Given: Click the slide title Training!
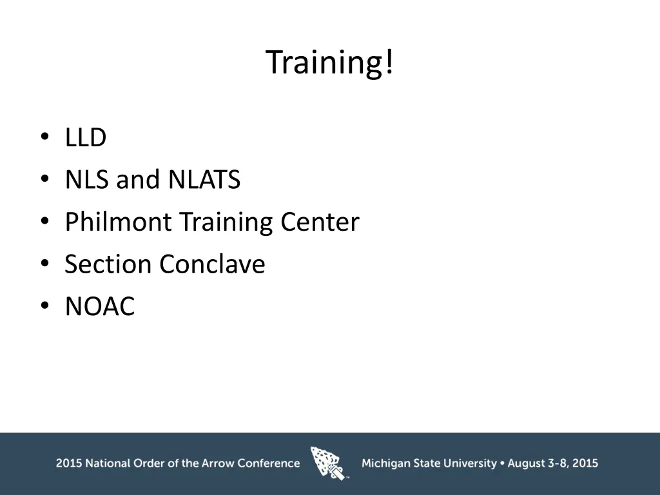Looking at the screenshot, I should coord(329,63).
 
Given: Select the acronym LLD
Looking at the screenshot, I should coord(85,138).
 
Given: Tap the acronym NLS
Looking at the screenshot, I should coord(88,180).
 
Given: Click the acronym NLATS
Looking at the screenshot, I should coord(204,180).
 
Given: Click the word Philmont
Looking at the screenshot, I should coord(118,222).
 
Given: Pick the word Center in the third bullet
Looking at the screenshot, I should coord(320,222).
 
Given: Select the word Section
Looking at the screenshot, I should coord(108,264).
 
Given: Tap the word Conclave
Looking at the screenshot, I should coord(213,264).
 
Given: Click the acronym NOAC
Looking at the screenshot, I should coord(100,307).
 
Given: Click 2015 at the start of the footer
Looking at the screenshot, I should coord(68,463).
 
